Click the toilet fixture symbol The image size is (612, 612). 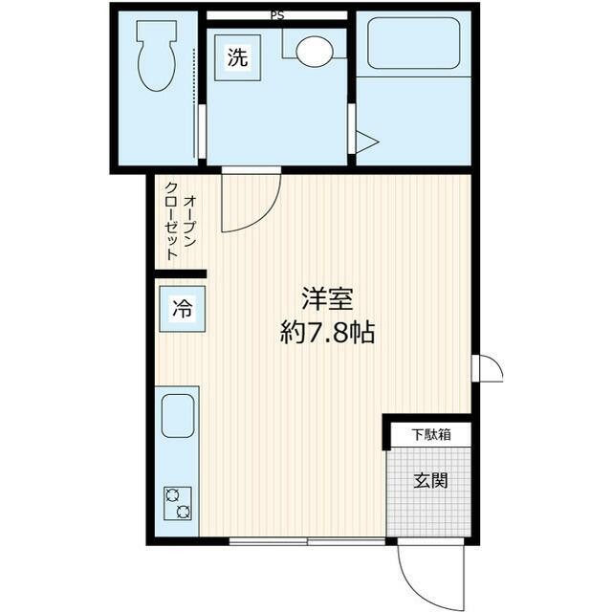coord(154,57)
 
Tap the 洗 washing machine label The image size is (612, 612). coord(237,56)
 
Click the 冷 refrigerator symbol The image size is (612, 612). coord(181,309)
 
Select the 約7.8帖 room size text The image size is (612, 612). coord(328,334)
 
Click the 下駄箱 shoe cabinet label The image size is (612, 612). coord(431,435)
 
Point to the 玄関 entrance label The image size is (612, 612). coord(430,480)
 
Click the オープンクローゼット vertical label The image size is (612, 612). coord(181,228)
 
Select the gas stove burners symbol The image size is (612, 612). coord(178,503)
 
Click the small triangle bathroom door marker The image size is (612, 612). coord(366,143)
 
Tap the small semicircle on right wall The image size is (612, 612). coord(489,368)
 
